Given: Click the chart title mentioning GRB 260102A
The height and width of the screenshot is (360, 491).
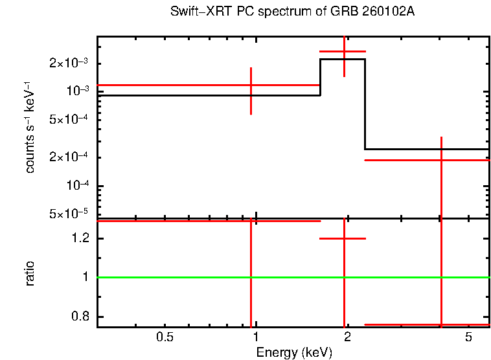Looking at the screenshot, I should click(x=293, y=12).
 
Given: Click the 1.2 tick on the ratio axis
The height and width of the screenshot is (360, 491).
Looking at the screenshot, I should click(x=82, y=239).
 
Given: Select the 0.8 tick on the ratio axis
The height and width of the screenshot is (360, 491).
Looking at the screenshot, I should click(x=82, y=317).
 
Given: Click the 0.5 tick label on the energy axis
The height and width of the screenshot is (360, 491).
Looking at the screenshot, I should click(x=165, y=337).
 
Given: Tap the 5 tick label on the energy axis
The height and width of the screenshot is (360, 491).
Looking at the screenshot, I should click(x=468, y=337).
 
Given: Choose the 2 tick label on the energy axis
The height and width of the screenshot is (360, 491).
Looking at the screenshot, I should click(x=347, y=337).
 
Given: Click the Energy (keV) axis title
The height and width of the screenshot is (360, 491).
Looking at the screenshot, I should click(x=294, y=352).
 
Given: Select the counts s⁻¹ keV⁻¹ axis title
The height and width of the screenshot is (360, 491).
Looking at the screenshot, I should click(x=30, y=127).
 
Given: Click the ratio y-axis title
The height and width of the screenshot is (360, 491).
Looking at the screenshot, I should click(x=30, y=273).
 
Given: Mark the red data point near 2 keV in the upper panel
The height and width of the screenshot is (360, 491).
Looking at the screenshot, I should click(x=344, y=51).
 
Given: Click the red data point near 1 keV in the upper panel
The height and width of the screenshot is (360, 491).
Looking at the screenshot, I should click(x=251, y=85).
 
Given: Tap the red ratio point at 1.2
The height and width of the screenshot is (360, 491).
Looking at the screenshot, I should click(x=344, y=238).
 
